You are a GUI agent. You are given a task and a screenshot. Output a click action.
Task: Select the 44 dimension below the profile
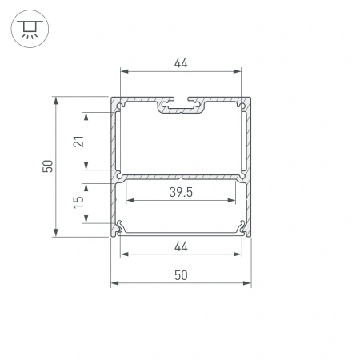pos(181,246)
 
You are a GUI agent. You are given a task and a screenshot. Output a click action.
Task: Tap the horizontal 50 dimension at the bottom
pos(181,274)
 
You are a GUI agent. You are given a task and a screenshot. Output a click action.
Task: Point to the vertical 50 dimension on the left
pos(48,166)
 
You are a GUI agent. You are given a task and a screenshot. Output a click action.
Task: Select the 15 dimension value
pos(77,203)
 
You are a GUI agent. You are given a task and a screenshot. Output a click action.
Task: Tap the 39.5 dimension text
pos(181,192)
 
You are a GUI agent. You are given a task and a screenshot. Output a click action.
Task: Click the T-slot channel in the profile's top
pos(181,104)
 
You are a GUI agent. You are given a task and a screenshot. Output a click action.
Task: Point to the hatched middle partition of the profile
pos(181,175)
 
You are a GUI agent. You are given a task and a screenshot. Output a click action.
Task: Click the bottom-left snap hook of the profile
pos(120,227)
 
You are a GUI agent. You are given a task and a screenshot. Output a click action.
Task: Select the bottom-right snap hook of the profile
pos(242,227)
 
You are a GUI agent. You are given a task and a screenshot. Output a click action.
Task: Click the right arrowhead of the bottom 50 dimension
pos(248,284)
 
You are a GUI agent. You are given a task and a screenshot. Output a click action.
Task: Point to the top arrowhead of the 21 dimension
pos(85,113)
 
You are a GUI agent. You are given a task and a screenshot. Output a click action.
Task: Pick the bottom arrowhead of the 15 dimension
pos(85,221)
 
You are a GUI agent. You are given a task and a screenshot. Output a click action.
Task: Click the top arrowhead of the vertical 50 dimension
pos(56,100)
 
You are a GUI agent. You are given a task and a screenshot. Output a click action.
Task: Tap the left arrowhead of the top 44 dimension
pos(123,71)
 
